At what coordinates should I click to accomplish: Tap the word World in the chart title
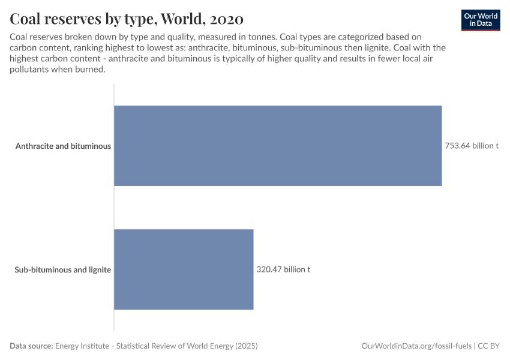[x=176, y=19]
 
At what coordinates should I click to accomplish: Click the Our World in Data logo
[x=481, y=20]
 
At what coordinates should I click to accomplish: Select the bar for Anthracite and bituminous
[x=278, y=146]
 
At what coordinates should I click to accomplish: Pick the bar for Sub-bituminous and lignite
[x=184, y=269]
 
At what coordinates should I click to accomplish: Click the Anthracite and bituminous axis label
[x=63, y=146]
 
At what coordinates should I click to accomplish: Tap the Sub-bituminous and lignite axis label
[x=62, y=269]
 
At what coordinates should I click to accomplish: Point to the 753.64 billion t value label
[x=472, y=146]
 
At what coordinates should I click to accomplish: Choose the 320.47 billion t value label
[x=283, y=269]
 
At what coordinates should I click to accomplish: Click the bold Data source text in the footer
[x=31, y=346]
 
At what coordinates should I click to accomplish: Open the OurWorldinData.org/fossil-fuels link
[x=417, y=346]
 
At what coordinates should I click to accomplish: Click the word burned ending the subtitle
[x=91, y=69]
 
